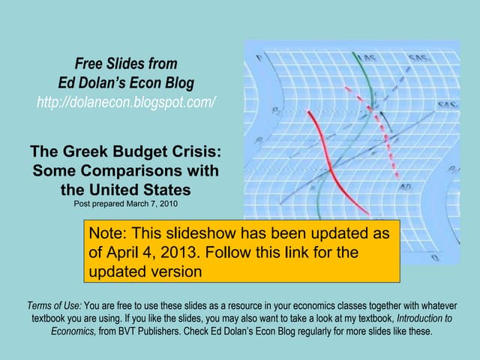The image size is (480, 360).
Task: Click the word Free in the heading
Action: (88, 62)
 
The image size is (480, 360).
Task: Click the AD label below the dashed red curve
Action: (404, 186)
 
